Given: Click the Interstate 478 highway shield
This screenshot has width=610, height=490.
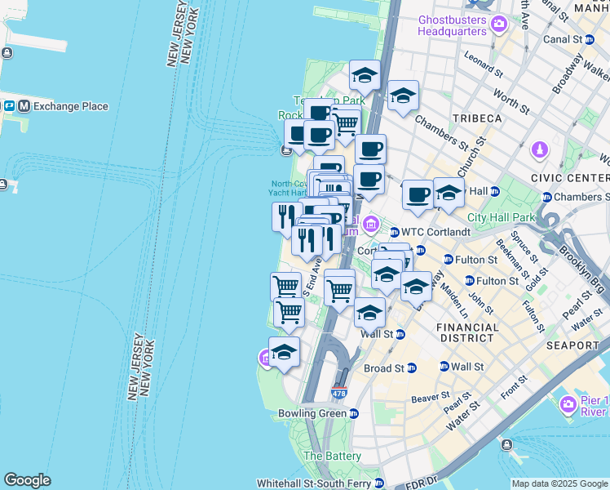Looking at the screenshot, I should pyautogui.click(x=339, y=394).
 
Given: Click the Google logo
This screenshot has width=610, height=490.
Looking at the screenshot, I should pyautogui.click(x=27, y=480).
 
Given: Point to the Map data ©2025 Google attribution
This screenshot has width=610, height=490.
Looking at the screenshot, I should pyautogui.click(x=559, y=483).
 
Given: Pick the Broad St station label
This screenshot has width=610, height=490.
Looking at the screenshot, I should pyautogui.click(x=384, y=368).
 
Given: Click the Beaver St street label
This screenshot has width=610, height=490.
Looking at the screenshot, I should pyautogui.click(x=431, y=398).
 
